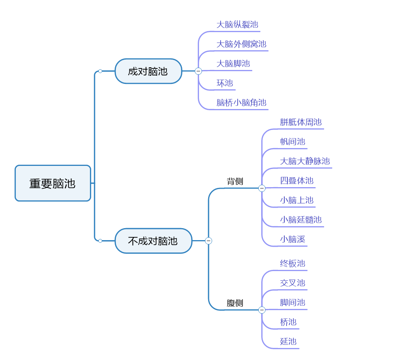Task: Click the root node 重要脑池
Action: tap(53, 183)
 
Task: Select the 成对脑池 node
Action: tap(148, 71)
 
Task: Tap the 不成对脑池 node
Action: tap(153, 241)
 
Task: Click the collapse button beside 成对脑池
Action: tap(198, 71)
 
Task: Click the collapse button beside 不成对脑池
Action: tap(209, 241)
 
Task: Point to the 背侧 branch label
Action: tap(235, 181)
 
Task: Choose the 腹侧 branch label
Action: tap(235, 303)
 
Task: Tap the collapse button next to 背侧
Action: tap(262, 188)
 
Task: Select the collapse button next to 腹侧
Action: tap(262, 310)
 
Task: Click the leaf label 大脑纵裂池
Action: tap(237, 25)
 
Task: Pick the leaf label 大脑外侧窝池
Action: tap(241, 44)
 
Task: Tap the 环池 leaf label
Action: tap(225, 83)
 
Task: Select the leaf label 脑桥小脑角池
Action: tap(241, 103)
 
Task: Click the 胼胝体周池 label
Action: tap(301, 123)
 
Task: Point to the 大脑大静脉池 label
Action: tap(305, 161)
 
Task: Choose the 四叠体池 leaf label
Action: tap(297, 181)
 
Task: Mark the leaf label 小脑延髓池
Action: tap(301, 220)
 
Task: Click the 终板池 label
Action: tap(292, 264)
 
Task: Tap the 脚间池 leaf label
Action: tap(292, 302)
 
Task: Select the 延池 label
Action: tap(288, 341)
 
